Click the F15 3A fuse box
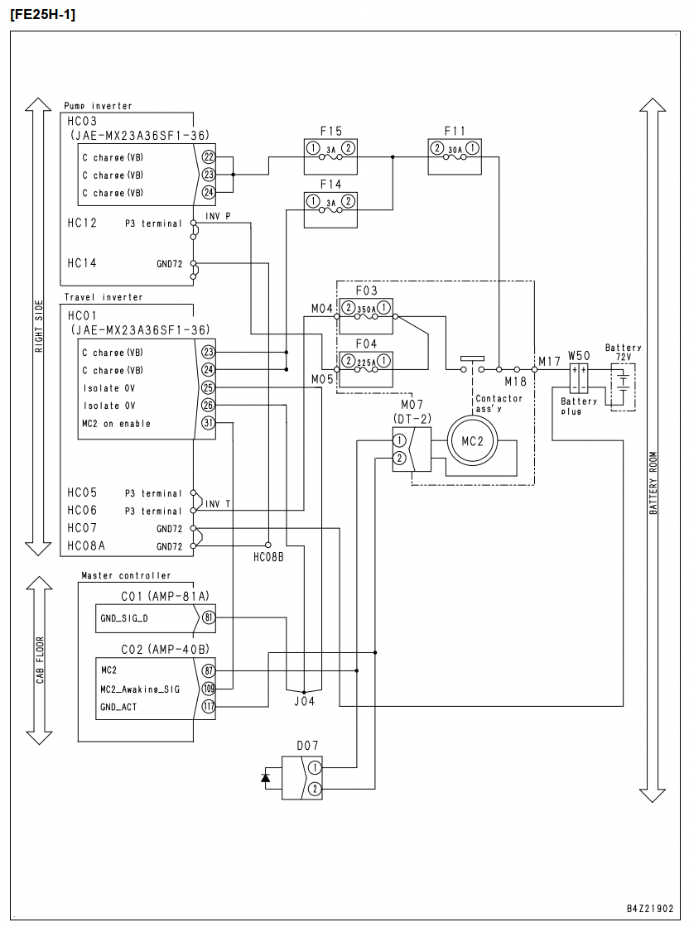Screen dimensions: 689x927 pos(330,156)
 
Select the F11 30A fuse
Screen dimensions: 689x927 pos(454,156)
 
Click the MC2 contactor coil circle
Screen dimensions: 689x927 pos(472,441)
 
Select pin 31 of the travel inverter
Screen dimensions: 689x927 pos(208,423)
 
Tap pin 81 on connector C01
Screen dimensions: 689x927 pos(208,617)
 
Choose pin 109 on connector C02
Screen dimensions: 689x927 pos(208,689)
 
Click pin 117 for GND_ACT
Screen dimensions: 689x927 pos(208,707)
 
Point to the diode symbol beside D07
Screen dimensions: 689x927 pos(266,777)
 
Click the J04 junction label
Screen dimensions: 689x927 pos(305,702)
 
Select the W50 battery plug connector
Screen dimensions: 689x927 pos(579,379)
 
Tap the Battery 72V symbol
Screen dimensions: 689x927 pos(623,387)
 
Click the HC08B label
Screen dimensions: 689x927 pos(268,557)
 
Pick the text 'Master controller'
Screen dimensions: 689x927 pos(126,575)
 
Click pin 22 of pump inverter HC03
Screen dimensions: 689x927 pos(208,157)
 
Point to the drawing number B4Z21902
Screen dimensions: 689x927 pos(650,909)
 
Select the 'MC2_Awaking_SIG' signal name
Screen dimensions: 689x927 pos(140,689)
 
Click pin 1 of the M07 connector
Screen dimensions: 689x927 pos(399,440)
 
